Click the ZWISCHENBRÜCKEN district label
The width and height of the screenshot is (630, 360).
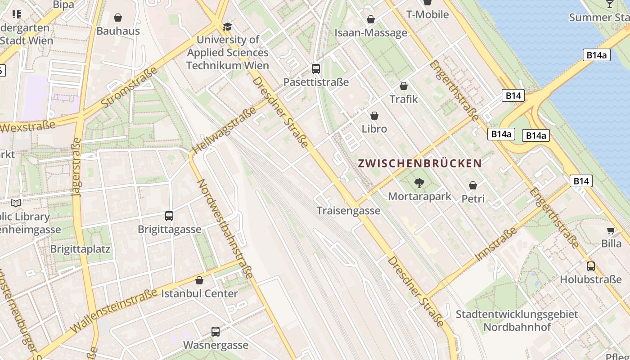tap(420, 163)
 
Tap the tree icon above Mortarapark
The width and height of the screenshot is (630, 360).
tap(419, 183)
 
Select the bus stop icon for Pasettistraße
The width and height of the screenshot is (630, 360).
tap(316, 69)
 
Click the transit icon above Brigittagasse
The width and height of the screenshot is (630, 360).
tap(169, 216)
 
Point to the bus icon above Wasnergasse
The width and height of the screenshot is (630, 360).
tap(216, 332)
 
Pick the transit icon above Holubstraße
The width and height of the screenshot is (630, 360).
tap(591, 266)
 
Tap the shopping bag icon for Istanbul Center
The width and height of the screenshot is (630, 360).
tap(199, 280)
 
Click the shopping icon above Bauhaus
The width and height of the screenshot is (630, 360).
tap(118, 18)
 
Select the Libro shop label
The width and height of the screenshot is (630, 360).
tap(374, 129)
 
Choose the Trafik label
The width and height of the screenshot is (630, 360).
tap(404, 99)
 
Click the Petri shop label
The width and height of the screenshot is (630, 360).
tap(473, 198)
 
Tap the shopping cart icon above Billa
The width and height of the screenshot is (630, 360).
tap(611, 231)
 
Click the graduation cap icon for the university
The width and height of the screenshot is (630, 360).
tap(227, 27)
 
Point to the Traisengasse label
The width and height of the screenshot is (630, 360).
tap(348, 211)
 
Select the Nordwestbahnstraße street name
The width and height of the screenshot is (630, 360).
tap(224, 229)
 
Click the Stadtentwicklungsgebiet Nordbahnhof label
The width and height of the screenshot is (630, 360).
tap(517, 320)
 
